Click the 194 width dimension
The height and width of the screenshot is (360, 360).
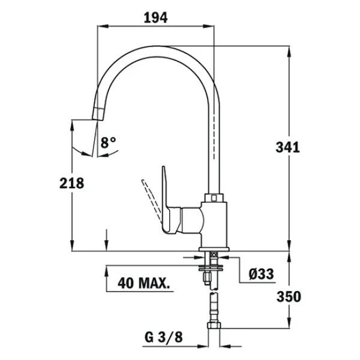pos(155,17)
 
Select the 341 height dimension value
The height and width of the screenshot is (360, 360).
pos(287,147)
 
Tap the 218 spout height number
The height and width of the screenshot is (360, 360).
pos(71,183)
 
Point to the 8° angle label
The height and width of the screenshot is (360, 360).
pos(108,143)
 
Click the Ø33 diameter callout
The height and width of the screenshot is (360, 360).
pos(261,274)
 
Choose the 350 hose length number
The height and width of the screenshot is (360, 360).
pos(289,296)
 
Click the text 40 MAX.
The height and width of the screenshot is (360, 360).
pos(144,283)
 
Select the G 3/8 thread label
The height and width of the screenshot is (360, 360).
pos(164,337)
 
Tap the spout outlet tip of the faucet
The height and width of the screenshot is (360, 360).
pos(98,114)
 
